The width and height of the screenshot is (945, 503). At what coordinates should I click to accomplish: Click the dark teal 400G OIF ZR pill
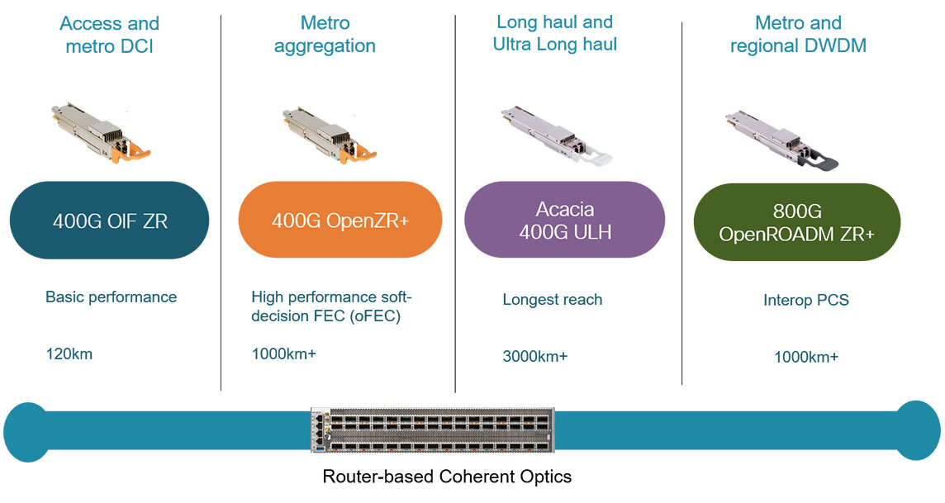[x=109, y=221]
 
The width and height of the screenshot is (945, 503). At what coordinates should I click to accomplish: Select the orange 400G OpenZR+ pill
[x=340, y=221]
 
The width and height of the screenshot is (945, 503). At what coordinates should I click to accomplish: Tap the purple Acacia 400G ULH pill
[x=564, y=221]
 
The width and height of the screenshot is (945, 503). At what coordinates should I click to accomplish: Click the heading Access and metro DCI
[x=109, y=35]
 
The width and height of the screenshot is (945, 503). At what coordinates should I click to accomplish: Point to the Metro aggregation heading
[x=325, y=35]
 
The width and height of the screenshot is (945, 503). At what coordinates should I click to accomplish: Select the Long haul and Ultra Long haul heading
[x=554, y=33]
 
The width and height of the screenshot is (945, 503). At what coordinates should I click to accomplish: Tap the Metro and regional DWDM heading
[x=798, y=35]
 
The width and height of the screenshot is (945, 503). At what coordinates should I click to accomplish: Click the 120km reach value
[x=69, y=354]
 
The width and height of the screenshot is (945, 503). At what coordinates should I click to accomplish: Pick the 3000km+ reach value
[x=535, y=357]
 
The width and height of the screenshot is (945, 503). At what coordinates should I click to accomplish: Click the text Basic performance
[x=111, y=297]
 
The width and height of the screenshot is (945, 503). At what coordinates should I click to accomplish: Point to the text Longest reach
[x=552, y=299]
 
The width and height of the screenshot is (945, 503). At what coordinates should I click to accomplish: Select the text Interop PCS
[x=805, y=301]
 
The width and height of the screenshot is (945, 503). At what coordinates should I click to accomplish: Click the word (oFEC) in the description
[x=368, y=316]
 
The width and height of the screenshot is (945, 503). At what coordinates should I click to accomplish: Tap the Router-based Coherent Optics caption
[x=447, y=477]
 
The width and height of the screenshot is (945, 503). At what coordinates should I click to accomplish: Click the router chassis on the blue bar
[x=434, y=430]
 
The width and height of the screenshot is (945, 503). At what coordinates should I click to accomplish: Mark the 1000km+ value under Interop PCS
[x=805, y=357]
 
